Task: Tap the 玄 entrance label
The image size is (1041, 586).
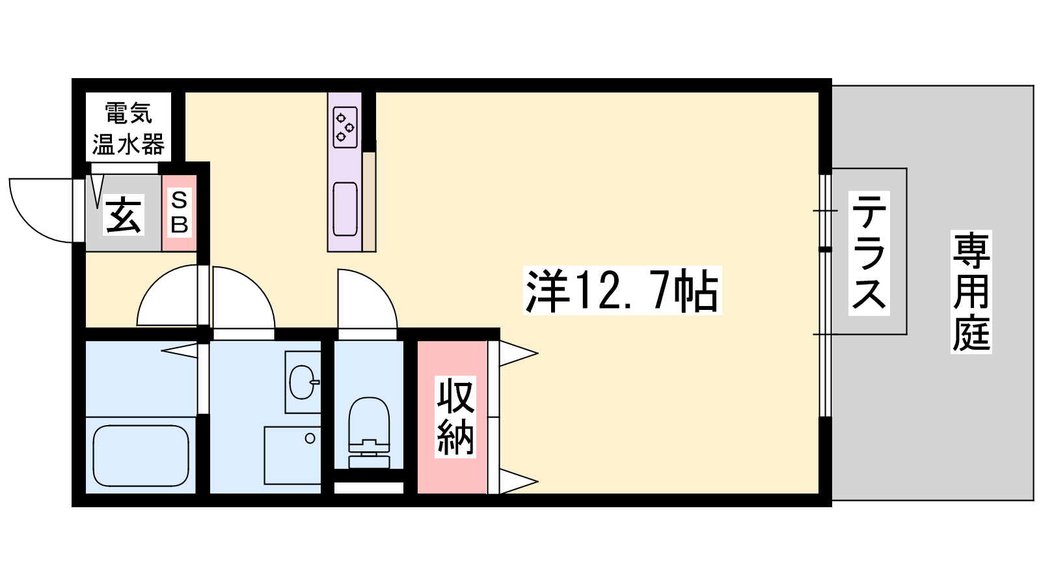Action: click(124, 214)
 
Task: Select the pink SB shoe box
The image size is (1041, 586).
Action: click(180, 213)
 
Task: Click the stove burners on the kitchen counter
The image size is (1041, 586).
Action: click(345, 127)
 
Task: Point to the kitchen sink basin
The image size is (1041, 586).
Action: click(345, 209)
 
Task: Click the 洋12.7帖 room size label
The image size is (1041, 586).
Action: click(622, 290)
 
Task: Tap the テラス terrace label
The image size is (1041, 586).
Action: click(869, 253)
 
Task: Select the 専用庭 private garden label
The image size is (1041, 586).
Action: click(971, 292)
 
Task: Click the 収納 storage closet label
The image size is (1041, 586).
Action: click(455, 417)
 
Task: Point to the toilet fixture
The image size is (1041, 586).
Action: click(369, 432)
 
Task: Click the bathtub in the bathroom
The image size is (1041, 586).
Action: click(141, 456)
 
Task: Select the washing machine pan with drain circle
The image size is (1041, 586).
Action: click(293, 455)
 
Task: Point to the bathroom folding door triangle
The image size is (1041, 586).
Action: click(180, 351)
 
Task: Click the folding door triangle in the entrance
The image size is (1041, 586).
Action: click(97, 191)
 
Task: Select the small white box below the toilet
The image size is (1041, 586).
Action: click(369, 488)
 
